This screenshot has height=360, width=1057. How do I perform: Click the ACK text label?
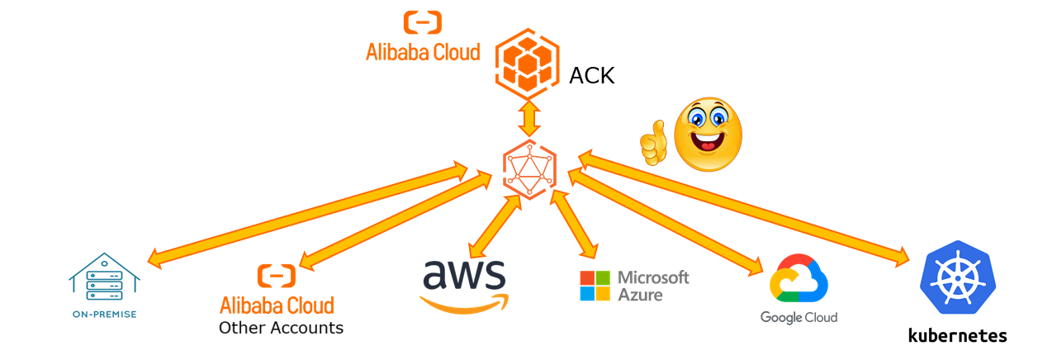point(592,77)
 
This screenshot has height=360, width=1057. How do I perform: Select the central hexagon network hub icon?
point(528,168)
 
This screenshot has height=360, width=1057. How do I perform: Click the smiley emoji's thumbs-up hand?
point(653,143)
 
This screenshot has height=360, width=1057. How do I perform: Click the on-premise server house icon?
point(103,277)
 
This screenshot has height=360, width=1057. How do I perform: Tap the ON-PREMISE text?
point(103,315)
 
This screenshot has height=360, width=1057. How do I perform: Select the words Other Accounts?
point(281,328)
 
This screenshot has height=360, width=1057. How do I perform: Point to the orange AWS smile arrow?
point(464,305)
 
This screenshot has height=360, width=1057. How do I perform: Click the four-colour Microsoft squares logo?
point(595,286)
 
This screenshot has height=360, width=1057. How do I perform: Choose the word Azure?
point(641,294)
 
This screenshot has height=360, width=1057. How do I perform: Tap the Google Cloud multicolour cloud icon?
point(799,280)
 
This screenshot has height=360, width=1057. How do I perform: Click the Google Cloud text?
point(799,317)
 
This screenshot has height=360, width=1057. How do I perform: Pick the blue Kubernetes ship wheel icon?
point(957,278)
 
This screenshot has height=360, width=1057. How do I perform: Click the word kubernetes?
point(957,335)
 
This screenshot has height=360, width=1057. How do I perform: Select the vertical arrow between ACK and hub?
point(528,119)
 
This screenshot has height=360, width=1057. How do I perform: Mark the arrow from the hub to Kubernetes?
point(743,209)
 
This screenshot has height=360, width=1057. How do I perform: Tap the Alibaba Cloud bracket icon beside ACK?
point(422,22)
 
